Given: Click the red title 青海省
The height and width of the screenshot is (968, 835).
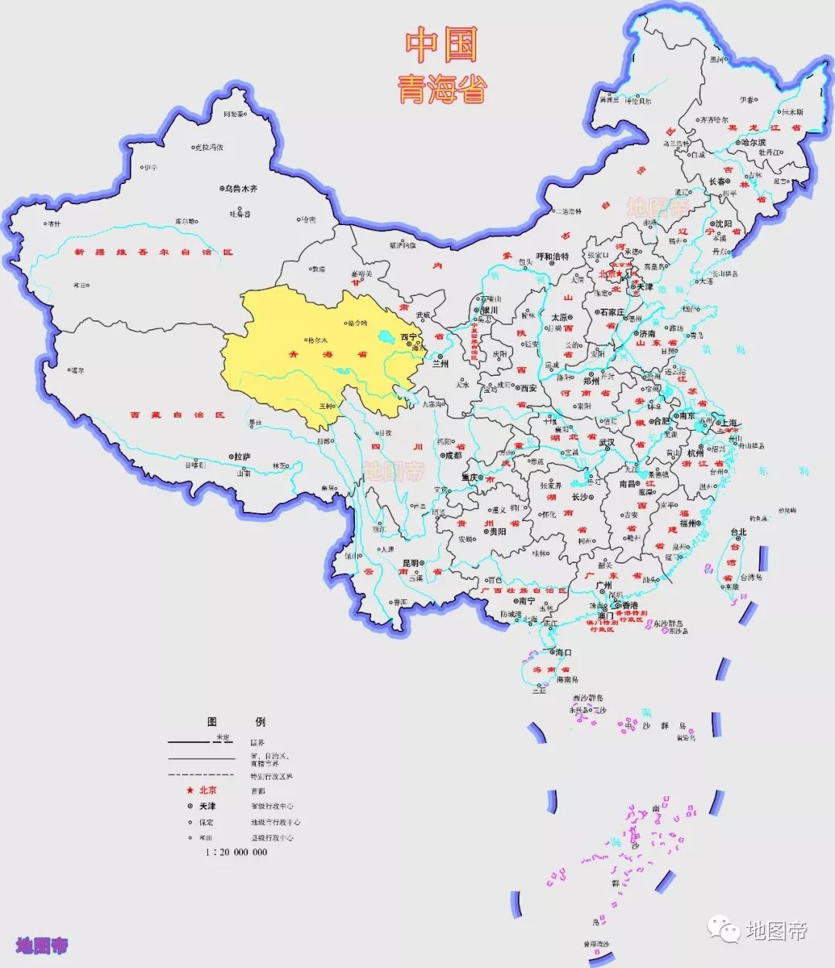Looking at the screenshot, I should coord(442,90).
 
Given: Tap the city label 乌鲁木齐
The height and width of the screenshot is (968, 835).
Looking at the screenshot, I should coord(241,188).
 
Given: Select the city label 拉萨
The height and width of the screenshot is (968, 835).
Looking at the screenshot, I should coord(242,457).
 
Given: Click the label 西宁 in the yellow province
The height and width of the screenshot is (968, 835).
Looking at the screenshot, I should coord(407,337).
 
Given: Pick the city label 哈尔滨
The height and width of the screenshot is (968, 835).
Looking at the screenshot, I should coord(752,142).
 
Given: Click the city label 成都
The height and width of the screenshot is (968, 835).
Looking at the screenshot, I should coord(452,455).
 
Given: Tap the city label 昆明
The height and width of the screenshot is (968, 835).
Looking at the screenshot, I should coord(410,564).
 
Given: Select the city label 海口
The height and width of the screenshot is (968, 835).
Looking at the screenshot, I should coord(563,653).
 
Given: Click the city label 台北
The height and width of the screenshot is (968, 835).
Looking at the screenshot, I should coord(738,532).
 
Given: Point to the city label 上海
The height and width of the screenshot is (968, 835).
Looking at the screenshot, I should coord(728,423).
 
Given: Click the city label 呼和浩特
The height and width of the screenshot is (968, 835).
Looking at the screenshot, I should coord(552,256).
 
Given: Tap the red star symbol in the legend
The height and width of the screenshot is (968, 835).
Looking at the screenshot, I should coord(188,790).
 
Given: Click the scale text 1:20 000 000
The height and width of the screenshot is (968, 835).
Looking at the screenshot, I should coord(236,852).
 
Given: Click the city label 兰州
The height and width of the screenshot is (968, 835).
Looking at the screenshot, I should coord(441,362).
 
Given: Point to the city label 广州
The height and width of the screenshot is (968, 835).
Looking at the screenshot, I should coord(604,585).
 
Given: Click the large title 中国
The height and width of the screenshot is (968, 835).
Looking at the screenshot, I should coord(442,46).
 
